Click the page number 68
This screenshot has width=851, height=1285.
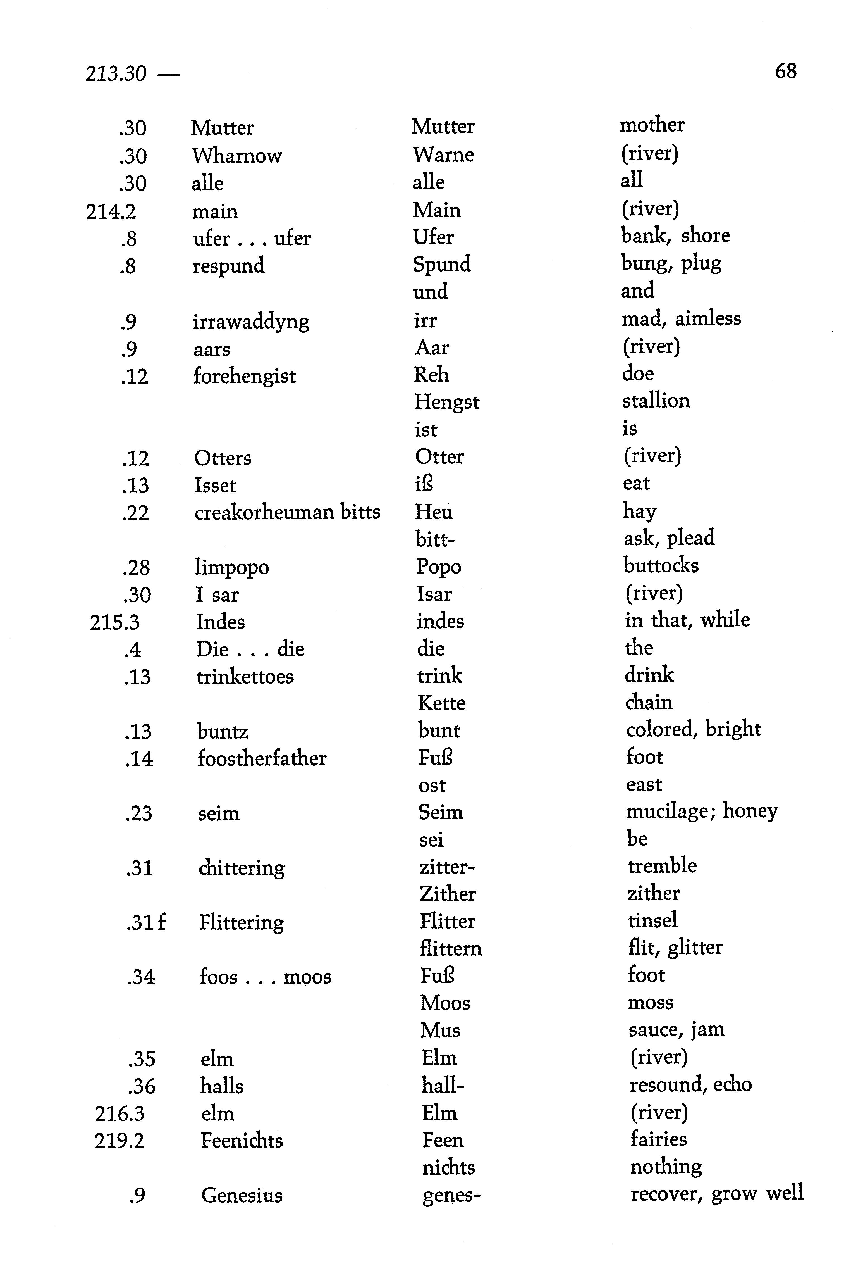click(785, 71)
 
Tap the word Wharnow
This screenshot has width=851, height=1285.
click(237, 156)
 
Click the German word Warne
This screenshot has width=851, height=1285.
click(443, 155)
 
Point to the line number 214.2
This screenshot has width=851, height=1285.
click(111, 211)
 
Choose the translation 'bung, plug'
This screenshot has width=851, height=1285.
click(671, 263)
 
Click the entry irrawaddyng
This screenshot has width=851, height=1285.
click(251, 321)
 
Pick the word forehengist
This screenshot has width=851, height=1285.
click(244, 376)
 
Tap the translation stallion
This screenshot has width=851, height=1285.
click(656, 401)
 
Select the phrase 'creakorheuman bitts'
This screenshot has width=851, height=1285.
click(287, 512)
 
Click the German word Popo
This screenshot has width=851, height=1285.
click(439, 567)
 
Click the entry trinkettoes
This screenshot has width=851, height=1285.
click(245, 676)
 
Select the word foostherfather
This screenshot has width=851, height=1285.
click(262, 758)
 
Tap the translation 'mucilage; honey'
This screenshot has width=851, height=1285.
click(702, 811)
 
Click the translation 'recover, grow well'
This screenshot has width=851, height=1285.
click(716, 1194)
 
